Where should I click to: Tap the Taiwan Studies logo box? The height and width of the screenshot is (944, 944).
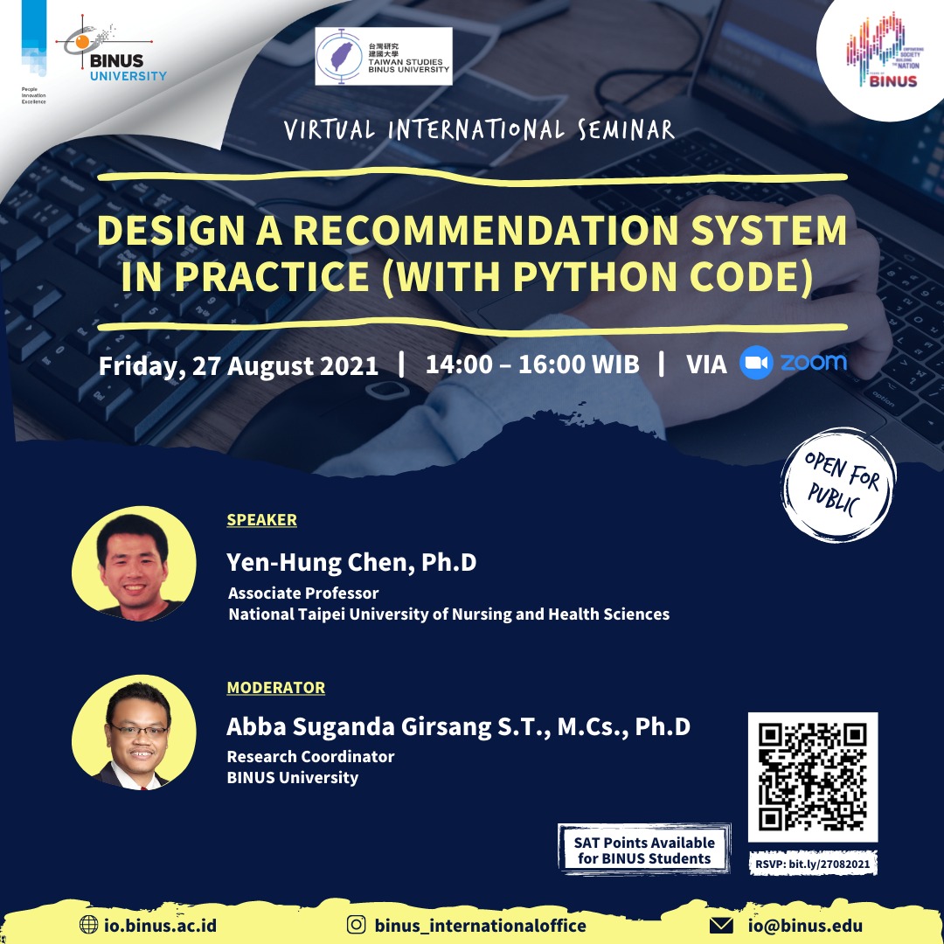384,56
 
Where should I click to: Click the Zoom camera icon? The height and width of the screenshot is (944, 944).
756,363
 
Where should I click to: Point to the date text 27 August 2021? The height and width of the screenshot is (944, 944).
285,366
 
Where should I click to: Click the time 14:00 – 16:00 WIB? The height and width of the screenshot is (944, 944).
532,364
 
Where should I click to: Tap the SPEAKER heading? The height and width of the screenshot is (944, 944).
262,519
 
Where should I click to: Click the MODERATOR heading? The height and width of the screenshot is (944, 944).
275,688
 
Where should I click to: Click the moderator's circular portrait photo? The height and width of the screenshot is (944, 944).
134,732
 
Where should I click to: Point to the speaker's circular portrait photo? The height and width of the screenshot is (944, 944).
134,564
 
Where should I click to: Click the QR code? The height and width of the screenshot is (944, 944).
813,777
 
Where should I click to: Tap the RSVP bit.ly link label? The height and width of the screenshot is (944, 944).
813,864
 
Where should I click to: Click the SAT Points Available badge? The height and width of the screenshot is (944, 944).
644,850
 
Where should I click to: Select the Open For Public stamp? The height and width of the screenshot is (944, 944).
838,484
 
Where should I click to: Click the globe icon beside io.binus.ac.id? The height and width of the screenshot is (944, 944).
88,925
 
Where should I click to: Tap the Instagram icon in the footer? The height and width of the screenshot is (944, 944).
357,924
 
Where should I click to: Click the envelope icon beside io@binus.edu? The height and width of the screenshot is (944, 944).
721,925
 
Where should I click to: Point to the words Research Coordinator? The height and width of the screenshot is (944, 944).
310,757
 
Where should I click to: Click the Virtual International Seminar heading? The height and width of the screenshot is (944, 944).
479,129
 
